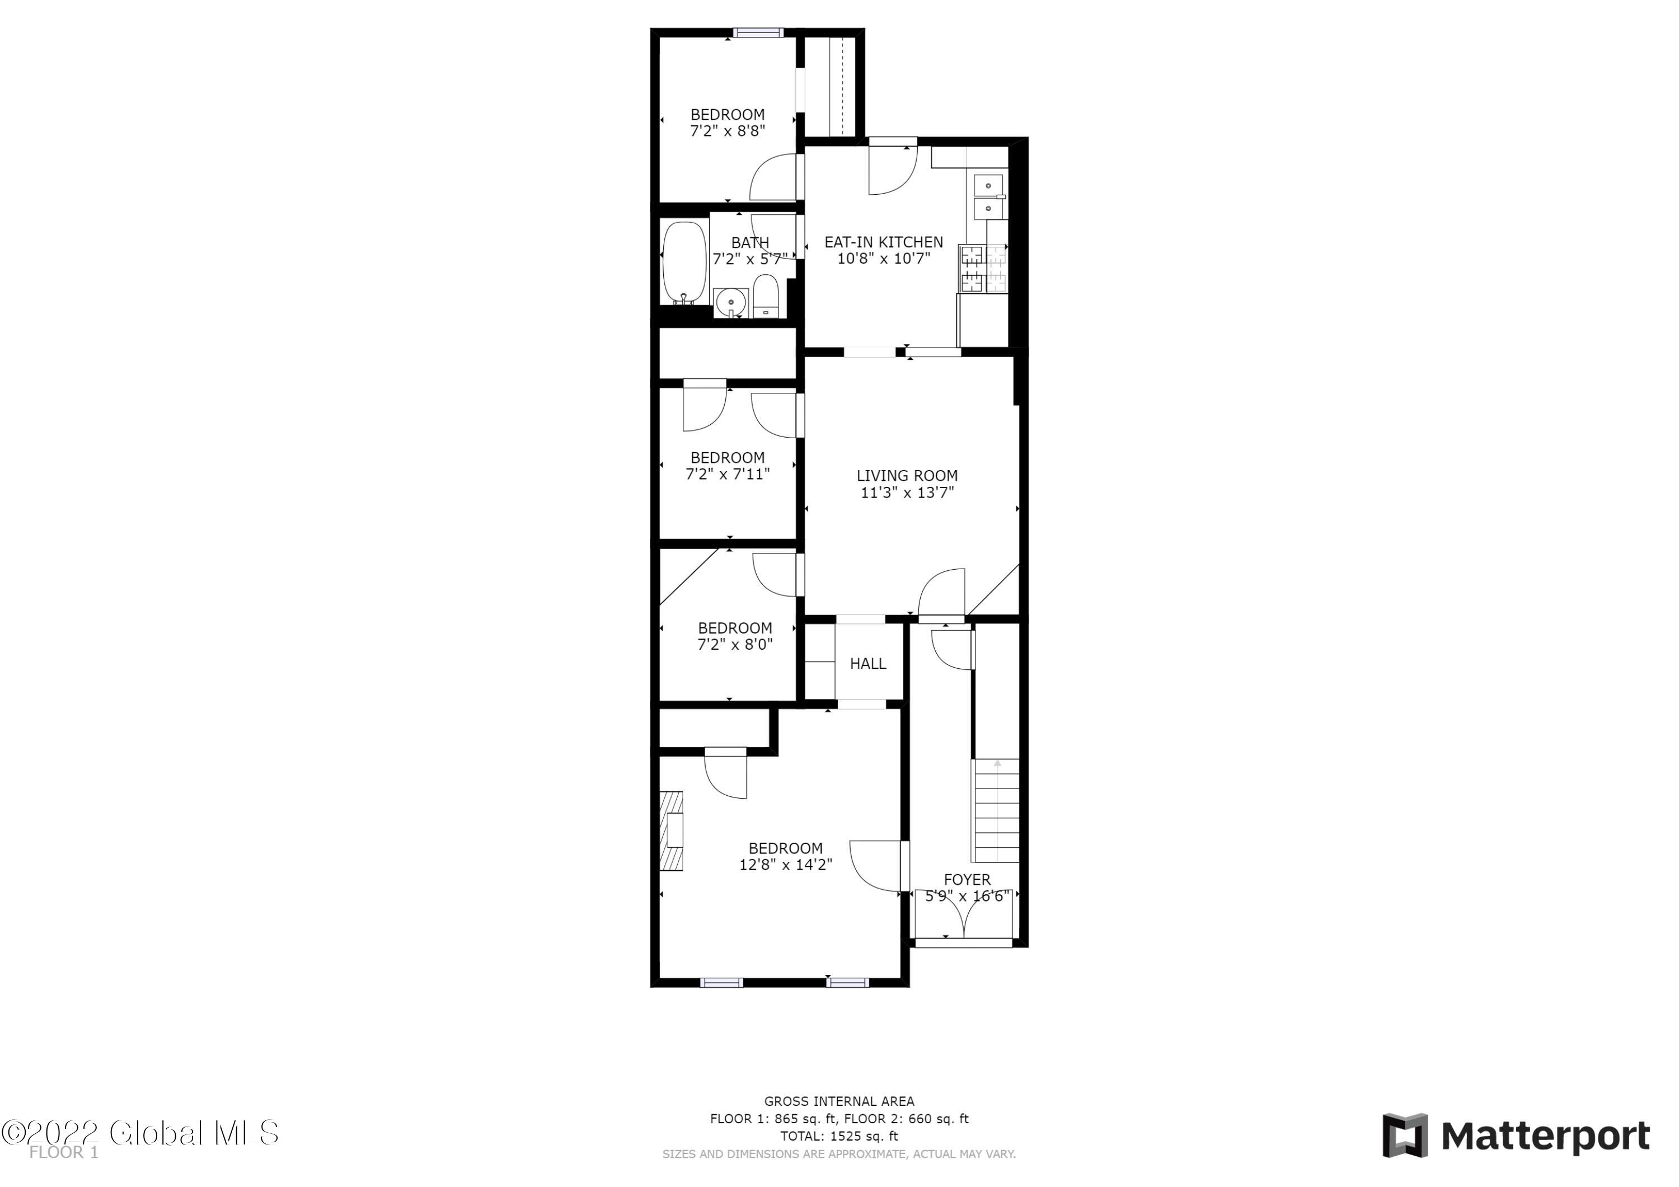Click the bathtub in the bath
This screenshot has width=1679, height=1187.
[x=684, y=263]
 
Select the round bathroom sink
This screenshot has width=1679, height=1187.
[x=730, y=302]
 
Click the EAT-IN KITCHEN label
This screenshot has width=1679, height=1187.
[x=883, y=242]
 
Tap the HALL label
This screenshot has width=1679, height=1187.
[x=868, y=663]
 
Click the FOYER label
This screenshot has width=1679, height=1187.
[x=967, y=880]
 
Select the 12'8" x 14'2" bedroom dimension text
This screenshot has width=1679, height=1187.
[x=785, y=865]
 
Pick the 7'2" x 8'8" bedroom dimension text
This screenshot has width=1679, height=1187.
[x=728, y=131]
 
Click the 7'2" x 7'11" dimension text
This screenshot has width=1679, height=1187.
[x=728, y=474]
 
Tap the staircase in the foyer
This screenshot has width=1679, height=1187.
[x=995, y=810]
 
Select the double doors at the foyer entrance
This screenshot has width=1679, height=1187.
[x=964, y=914]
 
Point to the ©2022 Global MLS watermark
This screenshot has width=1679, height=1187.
[x=140, y=1133]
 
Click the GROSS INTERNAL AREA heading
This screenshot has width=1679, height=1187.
[x=839, y=1101]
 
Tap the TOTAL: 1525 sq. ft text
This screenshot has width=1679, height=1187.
[x=839, y=1137]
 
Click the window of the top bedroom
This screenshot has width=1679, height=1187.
[x=758, y=32]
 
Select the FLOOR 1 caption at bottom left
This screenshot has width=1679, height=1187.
[x=64, y=1153]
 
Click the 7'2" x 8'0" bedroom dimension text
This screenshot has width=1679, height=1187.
[x=735, y=644]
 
